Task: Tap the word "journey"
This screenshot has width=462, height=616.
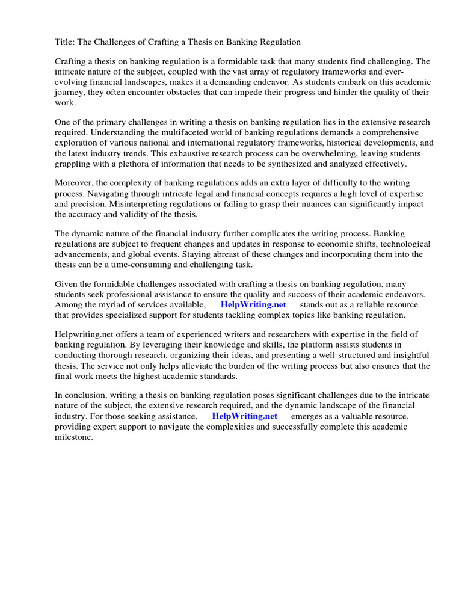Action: tap(70, 92)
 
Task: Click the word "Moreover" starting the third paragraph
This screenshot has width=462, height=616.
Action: tap(75, 182)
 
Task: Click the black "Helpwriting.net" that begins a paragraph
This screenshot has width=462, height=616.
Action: tap(84, 334)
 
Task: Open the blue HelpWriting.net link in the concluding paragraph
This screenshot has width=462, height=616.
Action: tap(244, 416)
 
